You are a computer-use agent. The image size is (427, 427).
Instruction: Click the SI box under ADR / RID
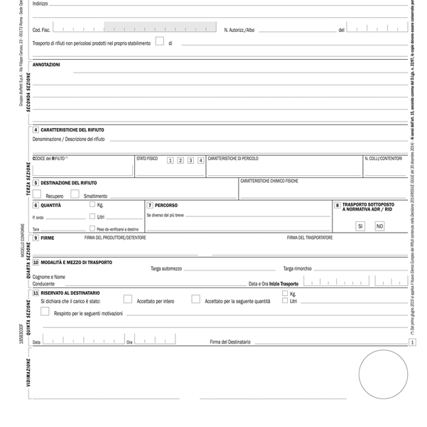coord(360,226)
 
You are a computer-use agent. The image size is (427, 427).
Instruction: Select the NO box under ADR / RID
coord(379,226)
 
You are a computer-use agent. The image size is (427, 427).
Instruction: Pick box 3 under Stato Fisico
coord(190,160)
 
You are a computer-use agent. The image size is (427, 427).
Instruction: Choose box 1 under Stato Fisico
coord(171,160)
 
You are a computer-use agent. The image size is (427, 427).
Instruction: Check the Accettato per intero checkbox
coord(128,300)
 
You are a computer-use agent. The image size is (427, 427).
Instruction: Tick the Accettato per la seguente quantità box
coord(195,300)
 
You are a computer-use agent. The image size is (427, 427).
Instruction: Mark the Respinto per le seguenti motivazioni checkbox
coord(45,312)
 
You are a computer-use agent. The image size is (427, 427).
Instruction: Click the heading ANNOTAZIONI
coord(46,65)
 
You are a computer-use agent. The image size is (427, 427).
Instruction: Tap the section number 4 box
coord(36,130)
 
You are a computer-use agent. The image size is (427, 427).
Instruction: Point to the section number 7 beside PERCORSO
coord(149,205)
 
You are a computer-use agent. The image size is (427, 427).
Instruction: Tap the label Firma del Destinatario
coord(230,342)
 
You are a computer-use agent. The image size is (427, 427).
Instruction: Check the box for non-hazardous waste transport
coord(160,41)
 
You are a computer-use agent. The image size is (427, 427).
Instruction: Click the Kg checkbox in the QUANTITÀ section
coord(92,205)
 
